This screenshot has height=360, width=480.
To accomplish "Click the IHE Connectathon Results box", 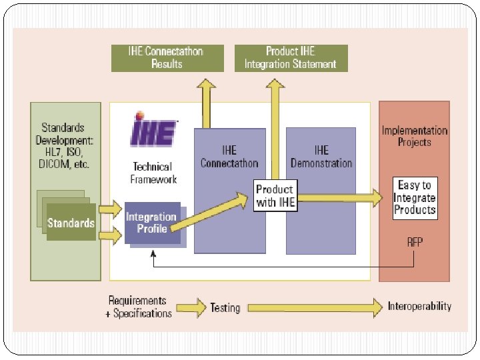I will click(167, 58).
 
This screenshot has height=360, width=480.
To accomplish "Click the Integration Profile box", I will click(153, 223).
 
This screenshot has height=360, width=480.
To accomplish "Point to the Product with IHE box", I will click(275, 195).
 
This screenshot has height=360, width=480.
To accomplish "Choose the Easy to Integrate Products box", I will click(414, 197).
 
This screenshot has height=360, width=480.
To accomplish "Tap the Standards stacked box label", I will click(71, 223).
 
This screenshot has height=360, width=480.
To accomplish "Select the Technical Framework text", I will click(153, 173).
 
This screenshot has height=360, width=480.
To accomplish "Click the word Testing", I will click(225, 308).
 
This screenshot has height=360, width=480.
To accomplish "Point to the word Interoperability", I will click(419, 307).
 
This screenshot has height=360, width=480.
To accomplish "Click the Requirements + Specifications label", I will click(139, 307).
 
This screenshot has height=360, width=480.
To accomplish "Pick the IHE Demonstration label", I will click(321, 157).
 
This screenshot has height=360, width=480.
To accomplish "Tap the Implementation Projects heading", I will click(414, 136).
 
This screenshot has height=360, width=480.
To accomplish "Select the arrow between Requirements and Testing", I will click(191, 308).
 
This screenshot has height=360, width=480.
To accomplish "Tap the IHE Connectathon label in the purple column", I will click(229, 157).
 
